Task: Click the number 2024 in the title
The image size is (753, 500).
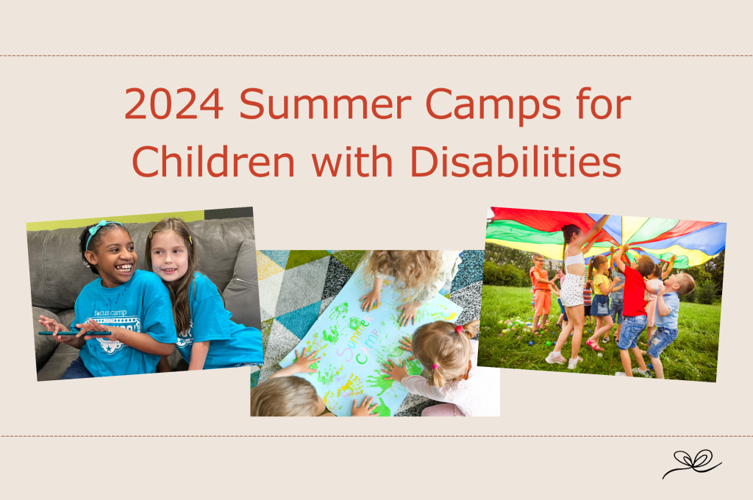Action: tap(174, 104)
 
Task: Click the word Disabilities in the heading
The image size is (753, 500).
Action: tap(515, 161)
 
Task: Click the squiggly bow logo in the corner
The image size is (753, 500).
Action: tap(691, 463)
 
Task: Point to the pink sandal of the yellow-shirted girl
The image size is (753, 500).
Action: tap(593, 344)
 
